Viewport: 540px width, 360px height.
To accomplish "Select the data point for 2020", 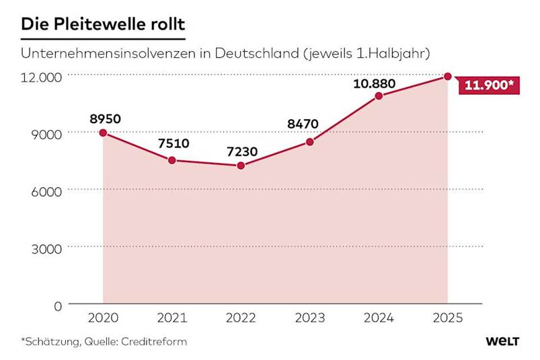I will (x=103, y=133).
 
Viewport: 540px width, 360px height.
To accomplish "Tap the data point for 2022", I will (x=241, y=165).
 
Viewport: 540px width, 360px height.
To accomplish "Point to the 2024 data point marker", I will (x=379, y=96).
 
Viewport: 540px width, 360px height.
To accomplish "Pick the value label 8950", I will (x=105, y=119).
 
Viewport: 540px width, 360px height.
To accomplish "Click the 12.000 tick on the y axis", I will (x=41, y=77).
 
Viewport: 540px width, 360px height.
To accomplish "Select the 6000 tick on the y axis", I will (x=46, y=191).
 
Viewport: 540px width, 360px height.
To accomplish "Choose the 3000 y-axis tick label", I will (x=46, y=248).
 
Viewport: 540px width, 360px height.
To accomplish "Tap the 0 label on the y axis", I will (x=58, y=305).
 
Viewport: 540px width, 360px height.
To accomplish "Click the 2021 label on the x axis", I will (x=172, y=318).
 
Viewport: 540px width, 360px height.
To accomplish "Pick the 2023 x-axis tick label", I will (x=310, y=318).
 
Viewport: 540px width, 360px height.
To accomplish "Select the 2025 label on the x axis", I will (x=447, y=318).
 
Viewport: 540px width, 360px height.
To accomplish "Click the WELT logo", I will (x=502, y=341).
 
